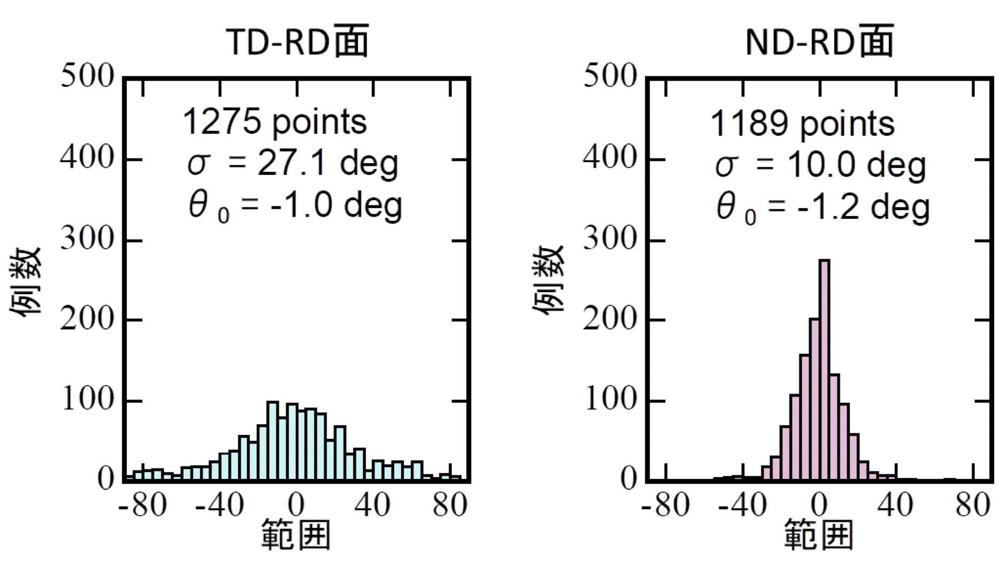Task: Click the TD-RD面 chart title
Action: [297, 42]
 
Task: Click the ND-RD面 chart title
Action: [819, 42]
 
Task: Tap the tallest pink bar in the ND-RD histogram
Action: [824, 369]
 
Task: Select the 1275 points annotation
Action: [275, 122]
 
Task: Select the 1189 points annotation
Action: [802, 124]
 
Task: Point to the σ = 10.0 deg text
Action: [820, 165]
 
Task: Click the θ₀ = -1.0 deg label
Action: [295, 206]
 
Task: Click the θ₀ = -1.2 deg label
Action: [823, 208]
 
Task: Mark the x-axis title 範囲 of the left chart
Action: [296, 535]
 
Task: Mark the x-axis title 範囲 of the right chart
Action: [818, 535]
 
